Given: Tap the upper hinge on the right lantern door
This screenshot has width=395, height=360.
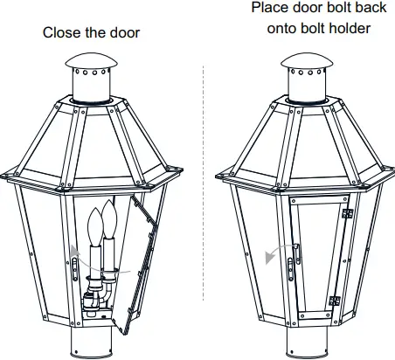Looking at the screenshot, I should tap(347, 212).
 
